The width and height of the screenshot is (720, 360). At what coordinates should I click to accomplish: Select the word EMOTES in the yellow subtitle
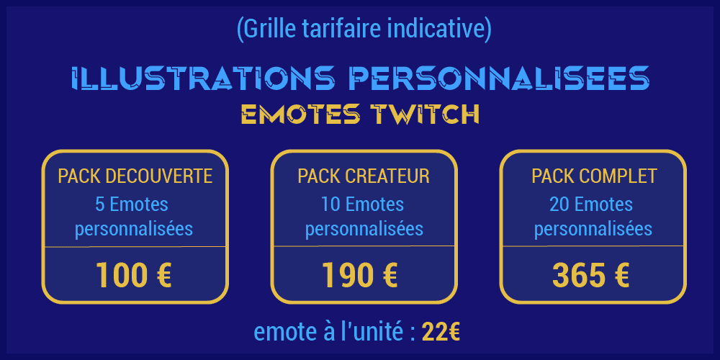point(301,114)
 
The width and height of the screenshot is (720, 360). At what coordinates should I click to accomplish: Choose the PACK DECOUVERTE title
point(135,176)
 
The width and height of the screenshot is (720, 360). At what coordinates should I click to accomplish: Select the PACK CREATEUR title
point(364,176)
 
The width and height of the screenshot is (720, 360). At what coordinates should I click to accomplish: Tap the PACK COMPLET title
point(594,176)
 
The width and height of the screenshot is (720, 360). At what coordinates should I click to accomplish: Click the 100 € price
point(134,275)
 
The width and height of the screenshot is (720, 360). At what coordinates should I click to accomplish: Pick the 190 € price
point(359,275)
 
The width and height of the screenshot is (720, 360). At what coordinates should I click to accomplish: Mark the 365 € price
point(590,275)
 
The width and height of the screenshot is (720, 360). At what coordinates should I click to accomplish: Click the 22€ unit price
point(441,332)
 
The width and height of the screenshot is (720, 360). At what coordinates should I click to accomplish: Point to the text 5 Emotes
point(132,204)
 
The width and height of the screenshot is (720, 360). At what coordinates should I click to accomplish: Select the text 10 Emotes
point(363,204)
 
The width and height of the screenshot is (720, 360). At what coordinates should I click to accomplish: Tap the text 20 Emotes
point(591,204)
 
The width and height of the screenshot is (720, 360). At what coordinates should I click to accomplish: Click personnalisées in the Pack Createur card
point(364,229)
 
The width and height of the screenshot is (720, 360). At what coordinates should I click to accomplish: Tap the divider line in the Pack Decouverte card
point(135,246)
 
